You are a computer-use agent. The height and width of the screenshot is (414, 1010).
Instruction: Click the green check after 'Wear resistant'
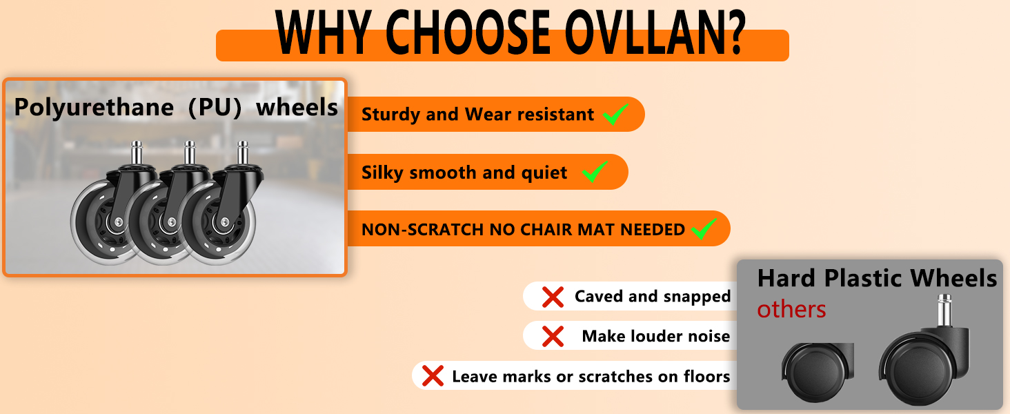(615, 114)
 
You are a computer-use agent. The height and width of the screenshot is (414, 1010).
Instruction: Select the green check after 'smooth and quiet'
(595, 171)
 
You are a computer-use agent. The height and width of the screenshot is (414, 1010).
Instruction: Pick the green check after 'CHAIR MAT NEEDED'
(704, 228)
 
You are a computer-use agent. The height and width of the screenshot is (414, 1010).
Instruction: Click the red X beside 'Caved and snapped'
(553, 297)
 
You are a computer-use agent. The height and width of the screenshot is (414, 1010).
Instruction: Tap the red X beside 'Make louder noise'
(553, 337)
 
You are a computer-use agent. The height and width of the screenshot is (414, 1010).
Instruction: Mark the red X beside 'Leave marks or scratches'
(433, 376)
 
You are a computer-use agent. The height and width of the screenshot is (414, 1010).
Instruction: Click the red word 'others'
(791, 310)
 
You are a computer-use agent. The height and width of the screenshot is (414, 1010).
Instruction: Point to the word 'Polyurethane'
(94, 108)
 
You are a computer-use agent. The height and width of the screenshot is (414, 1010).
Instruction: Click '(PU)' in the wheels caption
(215, 108)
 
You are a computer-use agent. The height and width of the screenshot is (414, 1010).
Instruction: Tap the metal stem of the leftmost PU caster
(137, 152)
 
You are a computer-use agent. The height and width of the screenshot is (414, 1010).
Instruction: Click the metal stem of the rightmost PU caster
(243, 152)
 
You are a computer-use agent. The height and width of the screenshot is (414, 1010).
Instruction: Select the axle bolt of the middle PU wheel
(171, 221)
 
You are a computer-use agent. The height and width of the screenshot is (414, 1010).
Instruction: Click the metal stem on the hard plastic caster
(944, 310)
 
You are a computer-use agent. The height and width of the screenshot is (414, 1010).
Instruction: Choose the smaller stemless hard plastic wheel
(817, 372)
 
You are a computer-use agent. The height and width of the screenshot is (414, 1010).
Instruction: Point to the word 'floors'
(706, 376)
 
